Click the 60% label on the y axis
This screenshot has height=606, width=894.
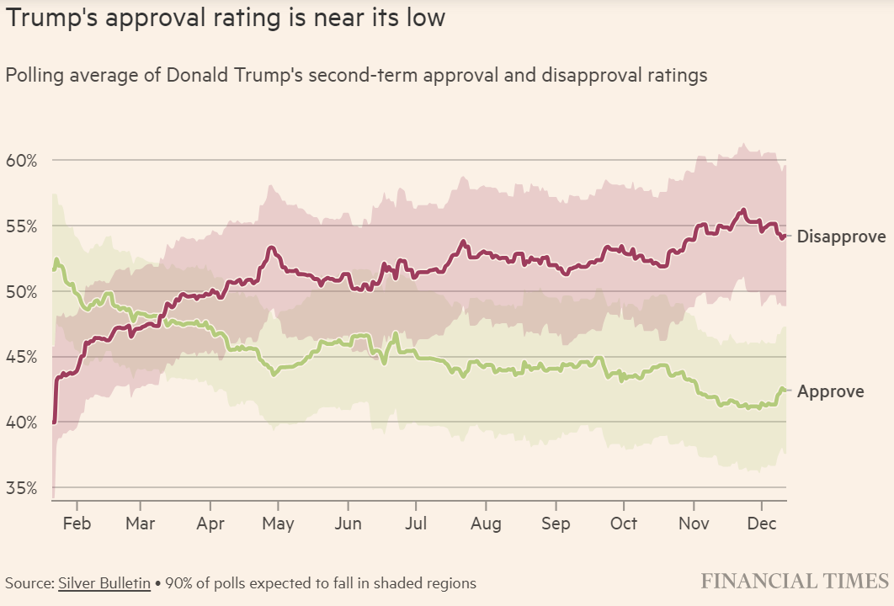[x=21, y=160]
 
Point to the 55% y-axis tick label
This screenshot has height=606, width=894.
[x=21, y=226]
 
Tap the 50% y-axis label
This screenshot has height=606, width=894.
[x=21, y=291]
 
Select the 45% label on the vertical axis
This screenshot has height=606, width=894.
[x=21, y=357]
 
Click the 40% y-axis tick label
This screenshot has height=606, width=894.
[x=21, y=422]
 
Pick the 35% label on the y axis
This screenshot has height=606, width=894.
[x=21, y=488]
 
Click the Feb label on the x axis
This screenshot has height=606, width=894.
[x=76, y=524]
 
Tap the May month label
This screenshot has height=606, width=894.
[x=278, y=524]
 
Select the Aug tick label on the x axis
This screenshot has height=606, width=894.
[x=486, y=524]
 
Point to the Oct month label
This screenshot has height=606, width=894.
[x=624, y=524]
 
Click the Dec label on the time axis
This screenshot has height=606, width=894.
[x=761, y=524]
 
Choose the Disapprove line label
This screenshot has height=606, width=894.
[x=841, y=236]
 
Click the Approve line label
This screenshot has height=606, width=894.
[x=830, y=391]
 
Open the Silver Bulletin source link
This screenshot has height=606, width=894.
[x=105, y=582]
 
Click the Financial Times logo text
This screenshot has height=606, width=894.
[x=795, y=581]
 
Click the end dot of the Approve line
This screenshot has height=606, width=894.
[x=783, y=389]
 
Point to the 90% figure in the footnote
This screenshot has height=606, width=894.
[x=178, y=582]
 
